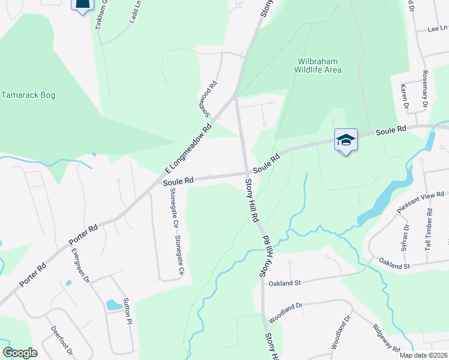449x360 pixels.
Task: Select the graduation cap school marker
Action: click(346, 140)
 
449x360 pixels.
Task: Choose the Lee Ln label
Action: click(438, 28)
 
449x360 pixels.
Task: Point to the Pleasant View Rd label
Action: click(421, 203)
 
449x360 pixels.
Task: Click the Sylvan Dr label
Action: click(405, 236)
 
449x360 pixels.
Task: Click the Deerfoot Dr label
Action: click(62, 340)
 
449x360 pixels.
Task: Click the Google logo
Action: click(20, 353)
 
